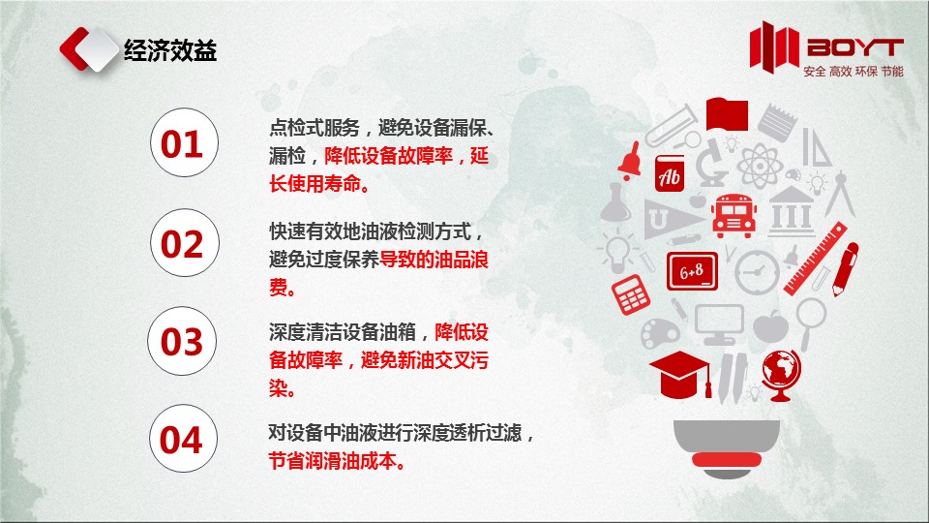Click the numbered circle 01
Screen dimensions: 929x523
coord(184,142)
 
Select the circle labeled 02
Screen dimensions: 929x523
coord(184,242)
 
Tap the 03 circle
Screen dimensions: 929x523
coord(182,341)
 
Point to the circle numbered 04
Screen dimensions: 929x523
coord(183,438)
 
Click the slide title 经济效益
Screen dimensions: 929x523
coord(170,50)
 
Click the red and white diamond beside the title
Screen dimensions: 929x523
coord(89,49)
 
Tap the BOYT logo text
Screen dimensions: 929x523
coord(854,47)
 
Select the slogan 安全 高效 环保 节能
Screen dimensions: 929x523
coord(854,71)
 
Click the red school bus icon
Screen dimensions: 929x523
coord(734,215)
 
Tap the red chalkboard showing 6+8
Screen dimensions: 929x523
coord(691,271)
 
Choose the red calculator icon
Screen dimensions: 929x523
coord(630,294)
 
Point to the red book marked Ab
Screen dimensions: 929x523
coord(670,173)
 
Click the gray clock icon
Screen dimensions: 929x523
coord(757,272)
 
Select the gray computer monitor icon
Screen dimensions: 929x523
coord(719,324)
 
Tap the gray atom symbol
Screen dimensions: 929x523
coord(760,166)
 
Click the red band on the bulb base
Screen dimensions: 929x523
coord(727,459)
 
